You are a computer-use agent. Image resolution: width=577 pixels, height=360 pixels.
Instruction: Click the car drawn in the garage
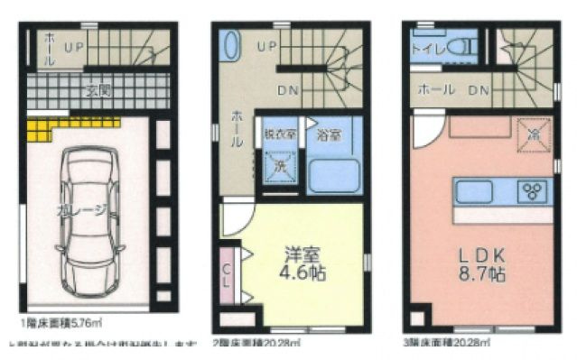pos(90,226)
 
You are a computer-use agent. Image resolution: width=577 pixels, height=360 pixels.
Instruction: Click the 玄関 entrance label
pos(98,90)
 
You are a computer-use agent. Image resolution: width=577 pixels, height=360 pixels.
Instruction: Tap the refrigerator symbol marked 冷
pos(534,132)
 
